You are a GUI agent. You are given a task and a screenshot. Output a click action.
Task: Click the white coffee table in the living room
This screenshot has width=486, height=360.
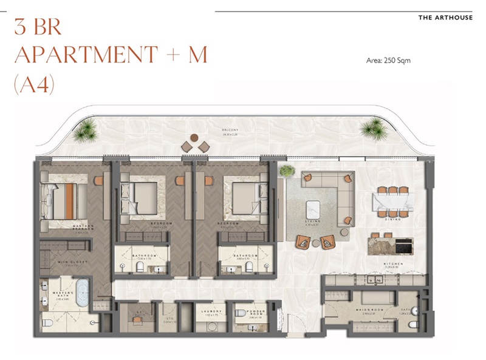[x=316, y=208]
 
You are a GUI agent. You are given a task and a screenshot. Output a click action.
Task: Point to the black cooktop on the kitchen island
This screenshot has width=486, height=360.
[x=403, y=246]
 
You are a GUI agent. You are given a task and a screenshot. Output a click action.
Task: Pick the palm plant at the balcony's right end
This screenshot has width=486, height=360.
[x=374, y=129]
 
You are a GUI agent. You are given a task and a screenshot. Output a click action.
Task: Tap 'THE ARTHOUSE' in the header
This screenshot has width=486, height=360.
[x=445, y=18]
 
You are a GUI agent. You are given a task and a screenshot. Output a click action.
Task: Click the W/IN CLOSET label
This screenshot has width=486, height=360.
[x=73, y=263]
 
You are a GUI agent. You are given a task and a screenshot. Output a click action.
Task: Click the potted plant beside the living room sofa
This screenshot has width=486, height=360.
[x=286, y=172]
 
